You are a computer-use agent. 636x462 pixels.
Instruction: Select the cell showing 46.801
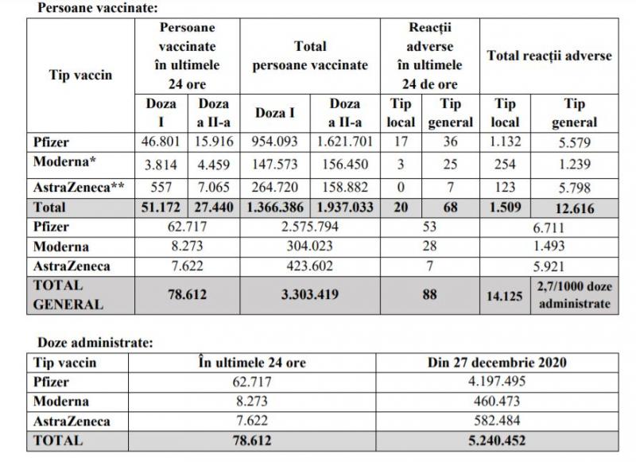[161, 143]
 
